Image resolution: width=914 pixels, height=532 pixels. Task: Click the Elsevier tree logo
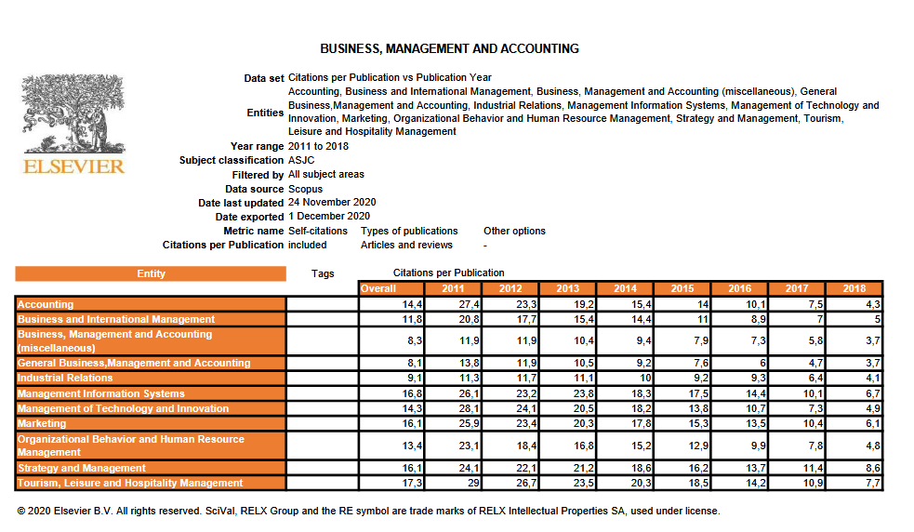click(x=73, y=115)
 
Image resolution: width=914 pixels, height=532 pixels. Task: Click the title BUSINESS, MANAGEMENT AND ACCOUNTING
click(x=449, y=48)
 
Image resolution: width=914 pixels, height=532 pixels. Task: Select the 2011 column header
click(x=453, y=288)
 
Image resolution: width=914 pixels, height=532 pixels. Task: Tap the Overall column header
click(x=378, y=288)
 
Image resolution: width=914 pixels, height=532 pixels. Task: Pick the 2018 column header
click(x=854, y=288)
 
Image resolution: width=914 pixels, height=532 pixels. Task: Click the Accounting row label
click(x=46, y=304)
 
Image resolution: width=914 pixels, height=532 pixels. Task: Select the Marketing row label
click(x=43, y=423)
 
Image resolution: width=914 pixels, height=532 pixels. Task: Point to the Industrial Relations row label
click(x=65, y=378)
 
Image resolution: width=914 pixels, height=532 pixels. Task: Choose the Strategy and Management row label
click(x=82, y=468)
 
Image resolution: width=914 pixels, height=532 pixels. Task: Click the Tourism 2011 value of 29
click(x=474, y=483)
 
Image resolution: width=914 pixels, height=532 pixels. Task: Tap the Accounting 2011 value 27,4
click(x=469, y=304)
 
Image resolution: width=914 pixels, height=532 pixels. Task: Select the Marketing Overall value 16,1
click(x=412, y=423)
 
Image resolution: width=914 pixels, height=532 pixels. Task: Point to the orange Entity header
click(x=151, y=273)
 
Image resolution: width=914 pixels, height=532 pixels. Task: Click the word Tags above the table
click(x=323, y=273)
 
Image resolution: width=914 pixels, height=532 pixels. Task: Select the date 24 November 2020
click(x=332, y=202)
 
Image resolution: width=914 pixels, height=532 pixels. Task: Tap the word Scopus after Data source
click(x=306, y=189)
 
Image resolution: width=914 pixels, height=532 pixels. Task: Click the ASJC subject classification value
click(x=301, y=160)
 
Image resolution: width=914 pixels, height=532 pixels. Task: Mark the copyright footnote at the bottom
click(x=368, y=511)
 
